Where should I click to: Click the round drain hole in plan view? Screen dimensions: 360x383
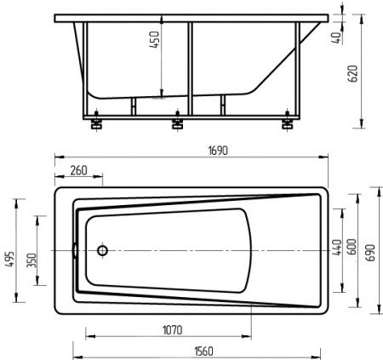tap(103, 251)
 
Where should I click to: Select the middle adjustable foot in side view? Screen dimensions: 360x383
tap(178, 124)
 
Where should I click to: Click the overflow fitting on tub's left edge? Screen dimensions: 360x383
tap(76, 251)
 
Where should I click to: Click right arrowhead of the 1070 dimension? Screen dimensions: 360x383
tap(251, 323)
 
